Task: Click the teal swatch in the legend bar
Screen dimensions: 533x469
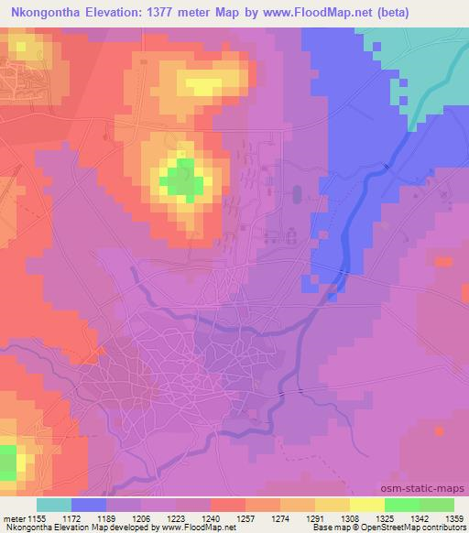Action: (x=54, y=505)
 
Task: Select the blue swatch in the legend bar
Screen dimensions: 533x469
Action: (x=89, y=505)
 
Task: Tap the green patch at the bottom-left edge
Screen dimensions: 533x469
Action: (x=7, y=462)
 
